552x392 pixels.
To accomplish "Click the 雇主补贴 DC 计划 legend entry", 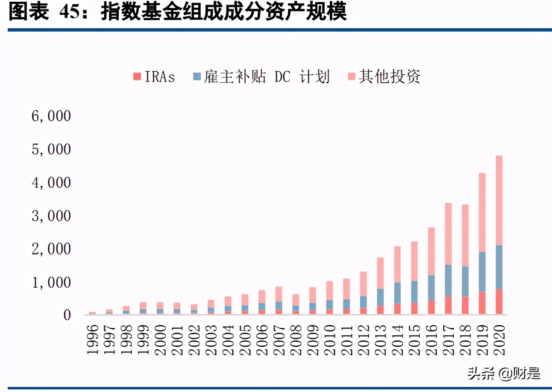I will click(x=261, y=77).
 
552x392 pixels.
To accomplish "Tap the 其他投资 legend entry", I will click(x=384, y=77).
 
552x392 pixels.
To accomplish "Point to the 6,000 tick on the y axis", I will click(x=51, y=116).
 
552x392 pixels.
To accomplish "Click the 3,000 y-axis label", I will click(x=51, y=216).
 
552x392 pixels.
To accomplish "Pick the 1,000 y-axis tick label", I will click(x=51, y=282).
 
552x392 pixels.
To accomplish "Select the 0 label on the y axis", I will click(x=66, y=315).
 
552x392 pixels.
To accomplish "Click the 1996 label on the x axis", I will click(x=92, y=339).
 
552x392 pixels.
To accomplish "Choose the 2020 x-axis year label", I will click(x=499, y=339).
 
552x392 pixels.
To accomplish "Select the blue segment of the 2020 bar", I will click(x=499, y=267).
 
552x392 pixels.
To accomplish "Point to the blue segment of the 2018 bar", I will click(x=464, y=281).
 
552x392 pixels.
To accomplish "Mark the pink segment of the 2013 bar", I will click(x=380, y=273).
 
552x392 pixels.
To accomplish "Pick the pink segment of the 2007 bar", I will click(x=279, y=294).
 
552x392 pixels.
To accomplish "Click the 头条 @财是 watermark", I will click(x=504, y=374).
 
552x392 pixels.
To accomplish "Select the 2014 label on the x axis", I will click(x=397, y=339).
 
